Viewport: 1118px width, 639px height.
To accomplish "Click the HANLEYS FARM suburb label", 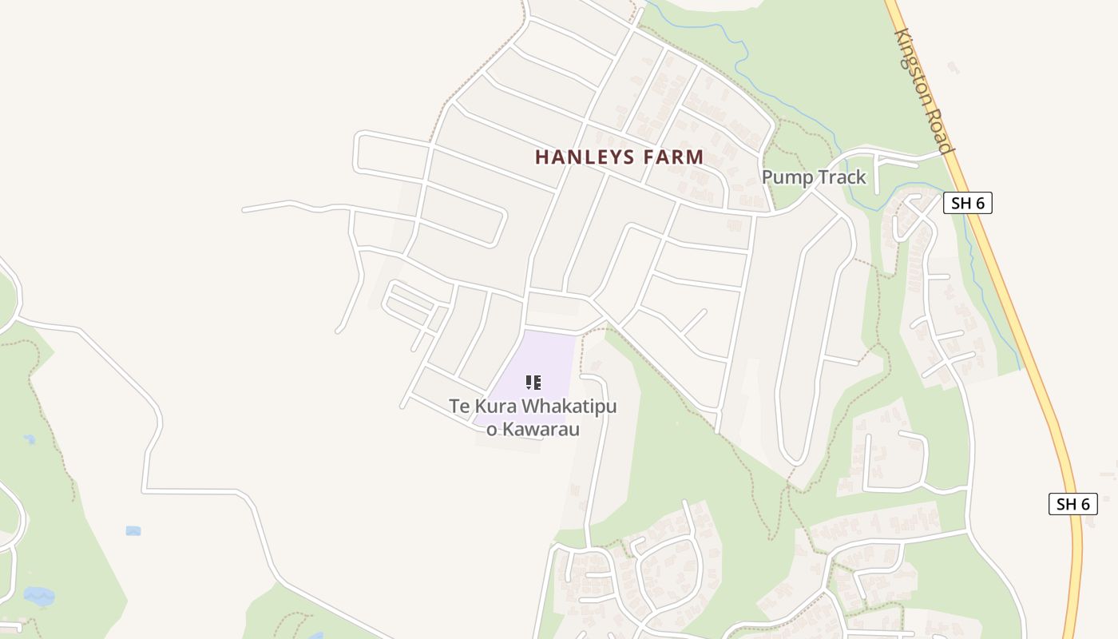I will pyautogui.click(x=619, y=157).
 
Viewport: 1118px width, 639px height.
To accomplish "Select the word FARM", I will pyautogui.click(x=674, y=157).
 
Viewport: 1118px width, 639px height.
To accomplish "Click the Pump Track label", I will pyautogui.click(x=814, y=177).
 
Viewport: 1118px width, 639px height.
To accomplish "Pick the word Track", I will pyautogui.click(x=840, y=177).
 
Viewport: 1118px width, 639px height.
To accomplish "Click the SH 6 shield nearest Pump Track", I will pyautogui.click(x=967, y=203).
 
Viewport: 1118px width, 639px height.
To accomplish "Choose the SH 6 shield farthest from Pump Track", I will pyautogui.click(x=1072, y=504).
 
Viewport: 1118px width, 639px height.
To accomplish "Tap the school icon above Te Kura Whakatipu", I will pyautogui.click(x=533, y=382).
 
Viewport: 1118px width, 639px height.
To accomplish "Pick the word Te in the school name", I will pyautogui.click(x=458, y=407).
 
